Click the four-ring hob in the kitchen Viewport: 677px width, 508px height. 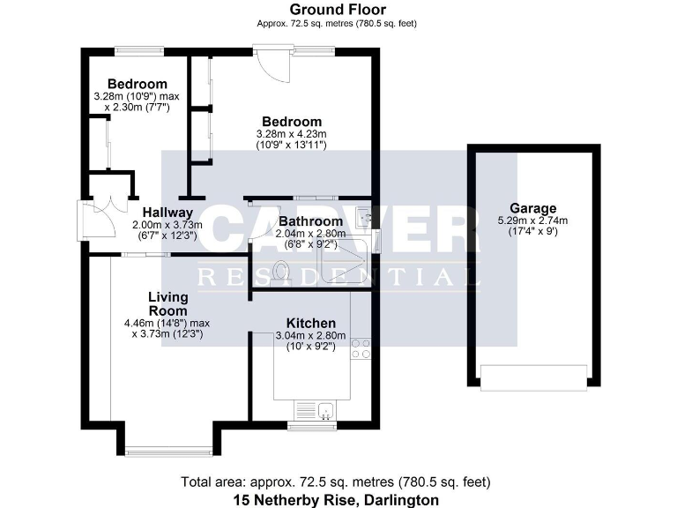tap(361, 348)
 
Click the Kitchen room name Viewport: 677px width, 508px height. tap(309, 323)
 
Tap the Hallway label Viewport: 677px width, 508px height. tap(167, 212)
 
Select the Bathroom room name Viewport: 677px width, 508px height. tap(310, 220)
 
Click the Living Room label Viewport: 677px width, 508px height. tap(167, 303)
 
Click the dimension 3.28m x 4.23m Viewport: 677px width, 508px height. tap(290, 135)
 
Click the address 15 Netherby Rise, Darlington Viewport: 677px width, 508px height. tap(336, 500)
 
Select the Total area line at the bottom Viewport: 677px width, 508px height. tap(336, 482)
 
